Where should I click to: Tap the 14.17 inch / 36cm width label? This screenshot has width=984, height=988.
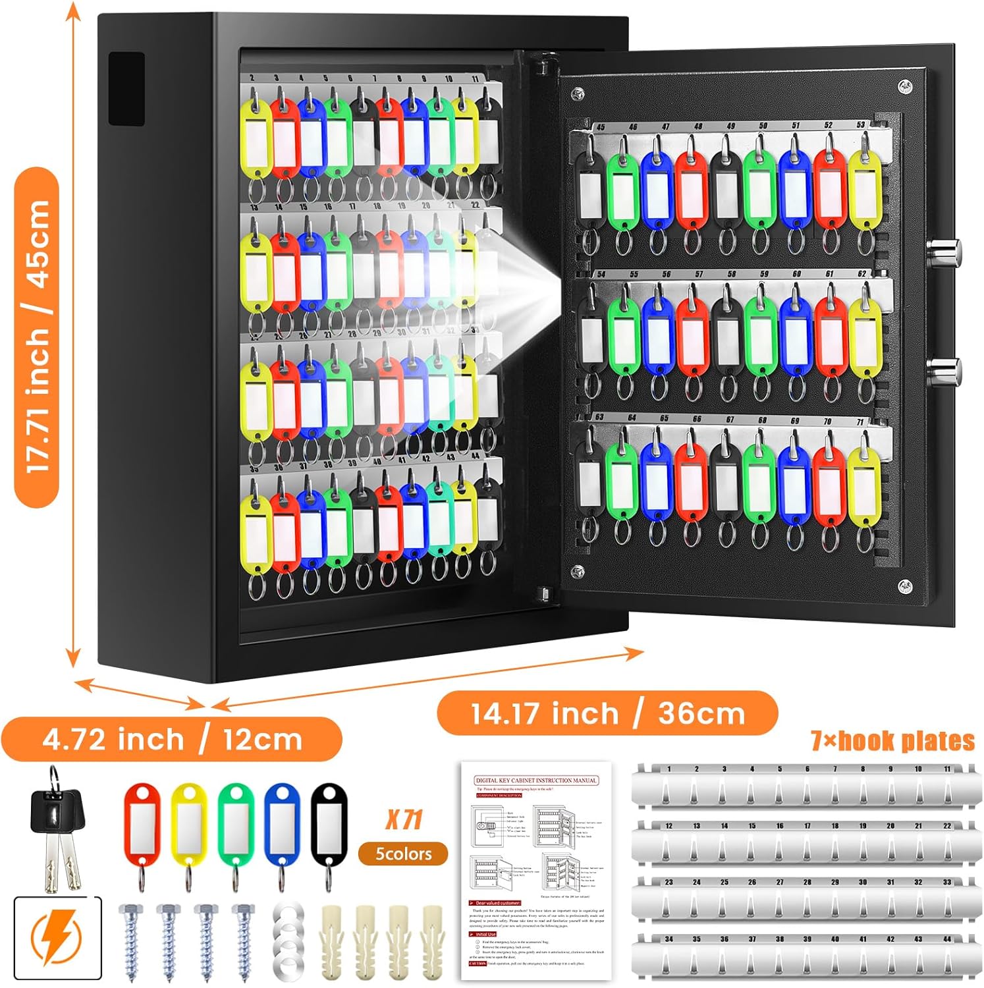click(x=607, y=713)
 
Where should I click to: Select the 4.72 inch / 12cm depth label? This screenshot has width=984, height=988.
click(x=172, y=740)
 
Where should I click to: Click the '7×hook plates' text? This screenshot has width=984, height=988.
click(x=892, y=742)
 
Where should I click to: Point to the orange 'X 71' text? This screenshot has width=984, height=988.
click(x=403, y=820)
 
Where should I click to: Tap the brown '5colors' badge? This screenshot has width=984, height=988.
click(x=403, y=854)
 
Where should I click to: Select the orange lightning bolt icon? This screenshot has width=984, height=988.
click(x=58, y=939)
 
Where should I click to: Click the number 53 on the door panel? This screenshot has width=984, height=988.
click(x=861, y=124)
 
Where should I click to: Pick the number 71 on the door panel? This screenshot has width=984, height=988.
click(x=860, y=422)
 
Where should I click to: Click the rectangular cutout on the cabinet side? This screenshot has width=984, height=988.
click(x=126, y=89)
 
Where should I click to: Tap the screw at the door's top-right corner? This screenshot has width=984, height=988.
click(x=905, y=86)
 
